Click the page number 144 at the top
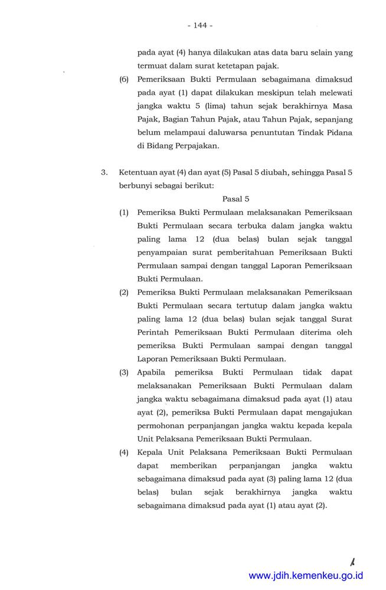199,25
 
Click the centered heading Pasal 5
236,199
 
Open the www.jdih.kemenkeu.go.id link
306,575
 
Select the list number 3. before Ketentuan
104,172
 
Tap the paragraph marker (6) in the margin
124,78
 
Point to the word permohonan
159,425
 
